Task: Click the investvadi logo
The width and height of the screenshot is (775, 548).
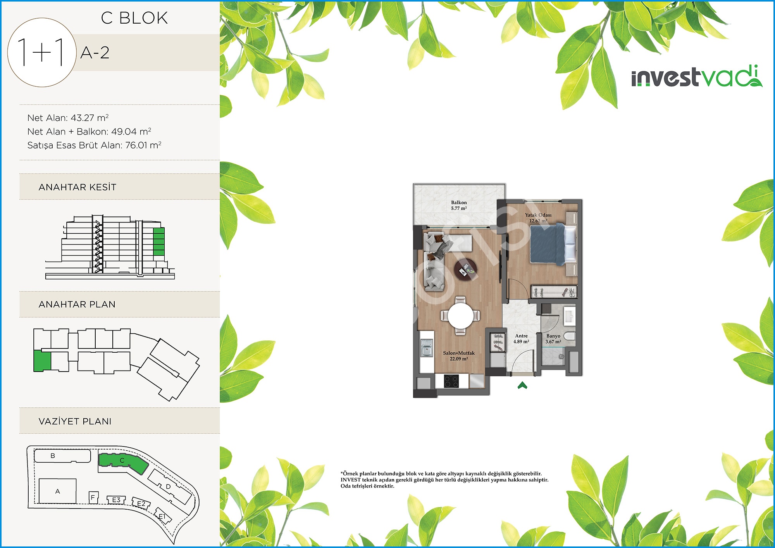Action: point(697,76)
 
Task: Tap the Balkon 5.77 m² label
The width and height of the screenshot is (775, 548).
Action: point(459,205)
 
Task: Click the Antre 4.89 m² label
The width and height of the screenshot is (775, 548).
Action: point(521,339)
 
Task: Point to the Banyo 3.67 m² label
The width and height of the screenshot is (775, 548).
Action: point(553,339)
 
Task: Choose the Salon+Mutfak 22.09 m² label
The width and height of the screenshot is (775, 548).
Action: point(459,356)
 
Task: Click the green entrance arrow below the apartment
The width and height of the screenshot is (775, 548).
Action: point(522,385)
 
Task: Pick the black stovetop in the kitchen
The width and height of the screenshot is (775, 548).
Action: point(451,381)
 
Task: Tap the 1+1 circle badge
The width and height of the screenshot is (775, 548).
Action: point(41,52)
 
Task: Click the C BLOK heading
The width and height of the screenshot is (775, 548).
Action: point(134,18)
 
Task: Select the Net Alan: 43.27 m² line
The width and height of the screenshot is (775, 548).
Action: point(68,118)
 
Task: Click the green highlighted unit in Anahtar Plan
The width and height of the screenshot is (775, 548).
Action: point(42,361)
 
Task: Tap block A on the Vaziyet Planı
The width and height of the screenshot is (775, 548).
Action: point(58,491)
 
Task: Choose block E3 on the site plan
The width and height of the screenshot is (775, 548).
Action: point(116,500)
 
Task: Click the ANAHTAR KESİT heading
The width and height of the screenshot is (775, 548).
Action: point(77,187)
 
